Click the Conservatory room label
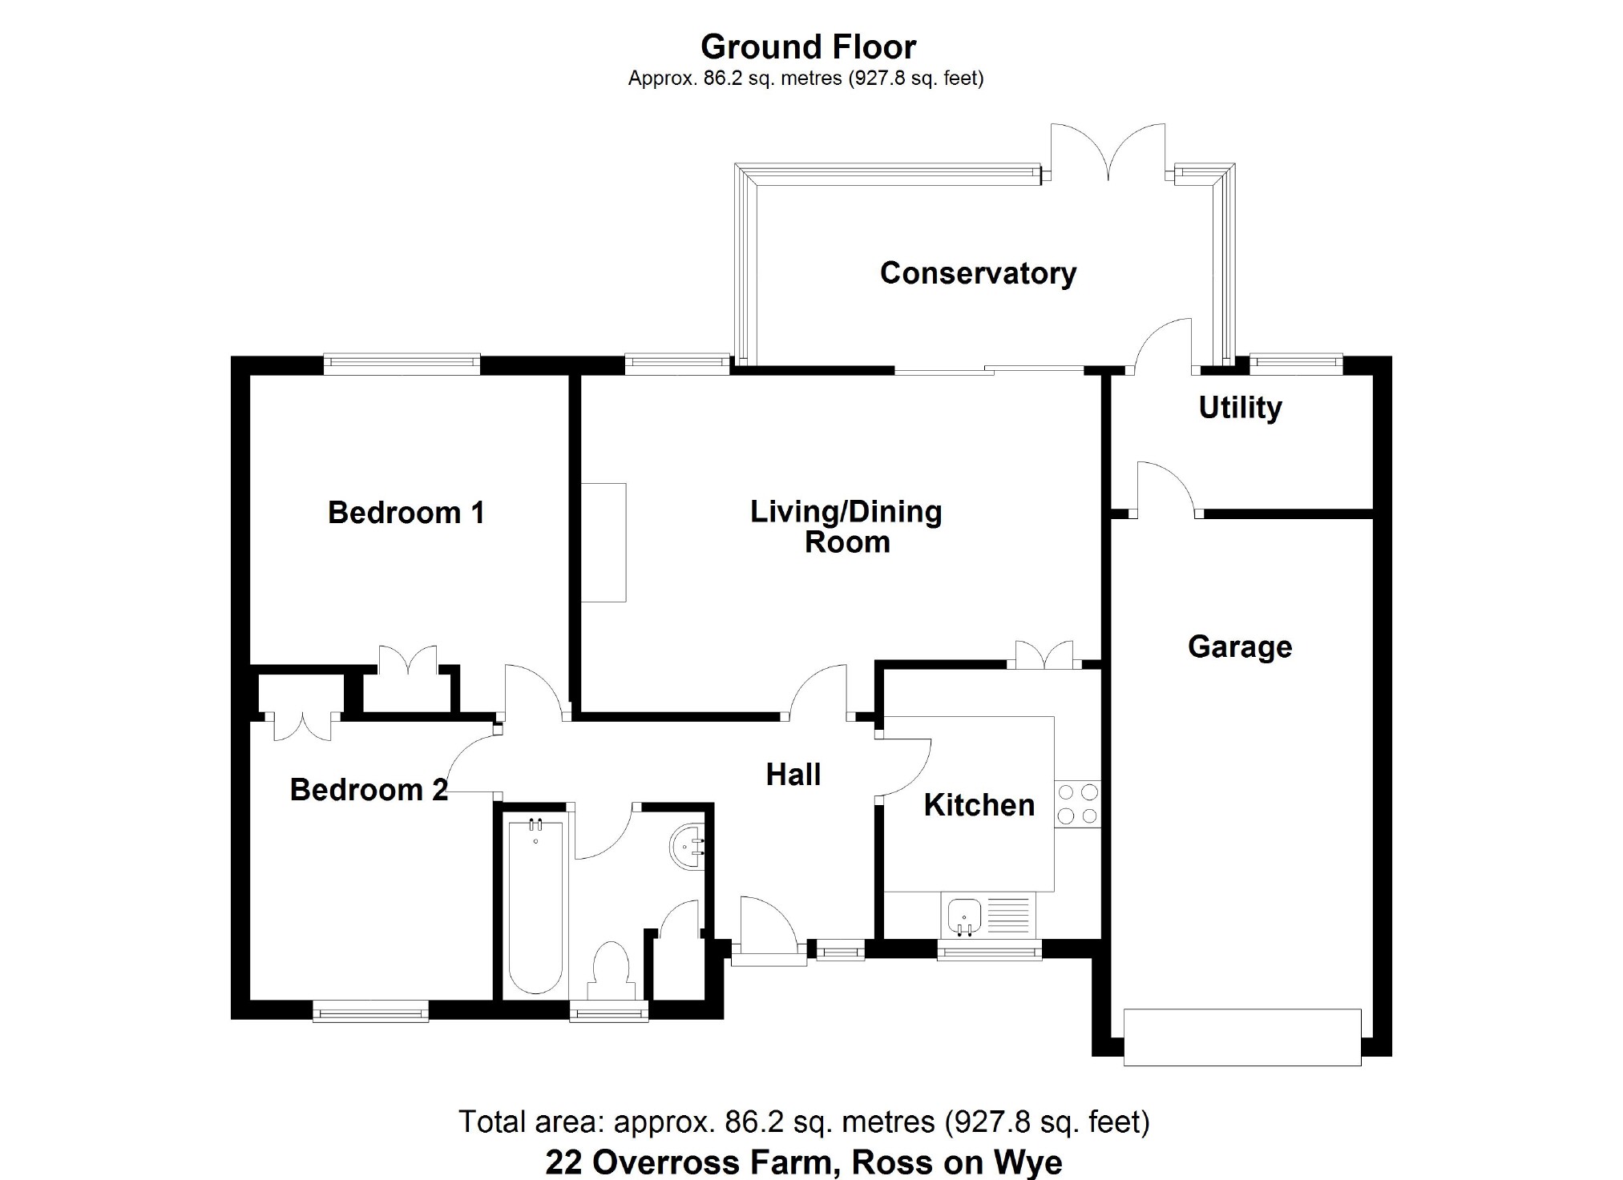[978, 273]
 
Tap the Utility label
[1240, 408]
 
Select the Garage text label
[1240, 646]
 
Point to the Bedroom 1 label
[406, 513]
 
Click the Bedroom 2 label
[369, 790]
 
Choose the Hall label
[793, 775]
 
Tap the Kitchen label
[979, 805]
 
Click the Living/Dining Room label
[846, 526]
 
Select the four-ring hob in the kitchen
[1078, 804]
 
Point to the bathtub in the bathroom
[535, 905]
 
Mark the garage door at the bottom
[1242, 1037]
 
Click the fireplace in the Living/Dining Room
[604, 542]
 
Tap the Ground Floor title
[808, 47]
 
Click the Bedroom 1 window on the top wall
[402, 364]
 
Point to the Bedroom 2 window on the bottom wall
[370, 1011]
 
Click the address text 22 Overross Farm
[693, 1162]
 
